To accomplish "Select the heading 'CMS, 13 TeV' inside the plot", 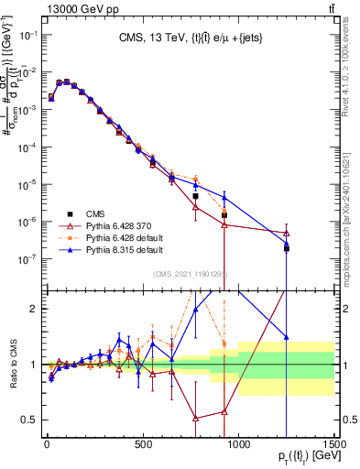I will (189, 38).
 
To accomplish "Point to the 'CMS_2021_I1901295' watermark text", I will (189, 274).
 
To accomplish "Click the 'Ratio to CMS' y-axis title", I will (13, 364).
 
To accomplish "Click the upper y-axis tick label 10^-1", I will (28, 35).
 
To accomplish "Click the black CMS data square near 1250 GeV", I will (287, 248).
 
